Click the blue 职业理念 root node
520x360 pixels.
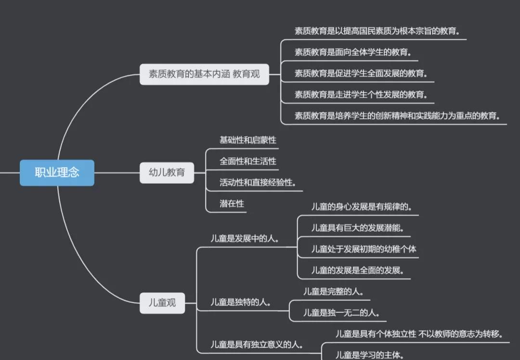coord(57,173)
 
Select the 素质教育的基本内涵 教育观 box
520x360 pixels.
coord(204,74)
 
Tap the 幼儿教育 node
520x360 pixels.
coord(167,173)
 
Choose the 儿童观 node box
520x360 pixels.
coord(162,303)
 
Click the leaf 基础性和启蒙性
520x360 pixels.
coord(248,140)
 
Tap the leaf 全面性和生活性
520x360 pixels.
coord(248,161)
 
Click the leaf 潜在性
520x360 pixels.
coord(232,204)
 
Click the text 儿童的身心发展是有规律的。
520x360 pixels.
coord(362,207)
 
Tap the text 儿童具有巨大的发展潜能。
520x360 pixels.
coord(357,228)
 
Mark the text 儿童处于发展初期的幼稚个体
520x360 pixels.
coord(364,249)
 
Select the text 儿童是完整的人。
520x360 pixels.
coord(333,292)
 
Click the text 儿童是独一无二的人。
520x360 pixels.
coord(341,313)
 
